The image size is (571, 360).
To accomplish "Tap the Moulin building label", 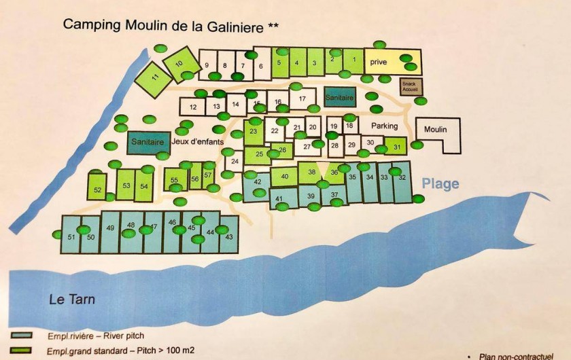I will (435, 129).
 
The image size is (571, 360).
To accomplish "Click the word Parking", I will (384, 126).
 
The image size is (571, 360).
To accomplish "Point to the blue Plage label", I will (440, 183).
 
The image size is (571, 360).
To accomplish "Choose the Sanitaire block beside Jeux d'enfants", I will (148, 143).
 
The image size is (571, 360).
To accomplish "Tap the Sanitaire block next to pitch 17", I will (340, 98).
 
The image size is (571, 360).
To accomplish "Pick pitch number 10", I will (179, 63).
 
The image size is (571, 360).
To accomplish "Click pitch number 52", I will (97, 190).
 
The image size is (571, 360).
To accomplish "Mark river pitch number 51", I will (71, 236).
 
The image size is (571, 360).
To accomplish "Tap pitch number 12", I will (193, 107).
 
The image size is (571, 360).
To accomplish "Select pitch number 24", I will (235, 161).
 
